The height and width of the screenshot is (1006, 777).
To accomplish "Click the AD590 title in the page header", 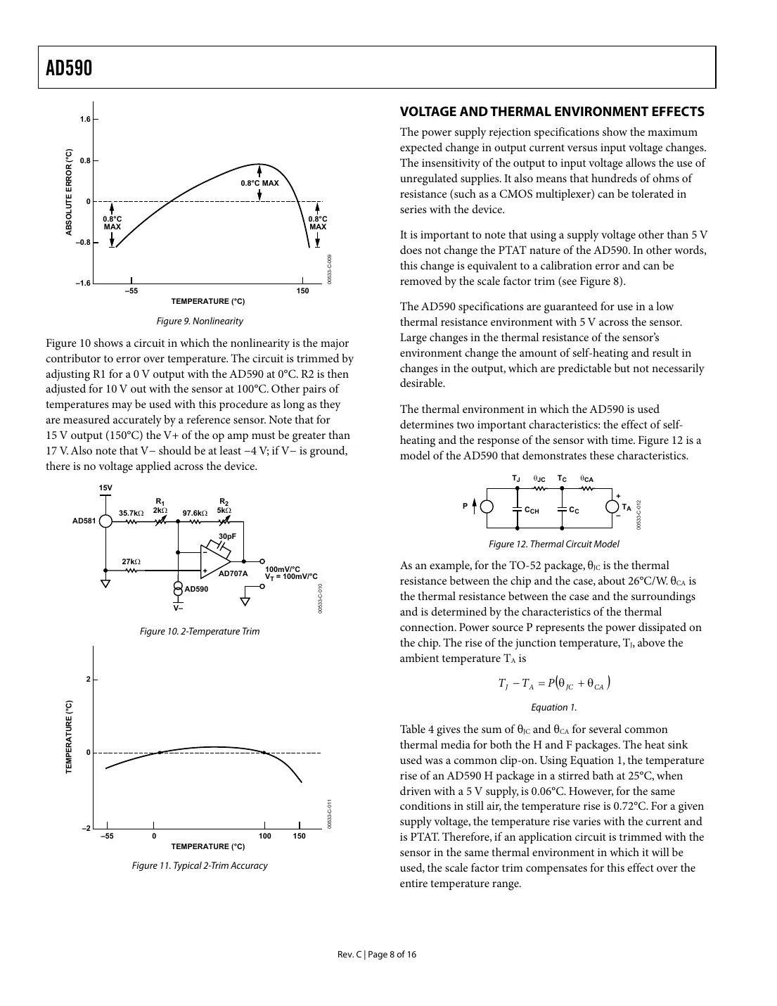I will click(69, 68).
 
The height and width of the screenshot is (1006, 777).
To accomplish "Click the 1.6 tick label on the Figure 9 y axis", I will click(85, 120).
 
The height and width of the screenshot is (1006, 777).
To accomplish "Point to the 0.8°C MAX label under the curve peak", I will click(259, 183).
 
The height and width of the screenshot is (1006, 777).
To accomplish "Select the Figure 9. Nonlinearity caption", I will click(200, 321).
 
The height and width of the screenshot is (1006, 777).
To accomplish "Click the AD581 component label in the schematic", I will click(84, 521).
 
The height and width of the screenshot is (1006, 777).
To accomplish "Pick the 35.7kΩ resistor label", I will click(131, 514).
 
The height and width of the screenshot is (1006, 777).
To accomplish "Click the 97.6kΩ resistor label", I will click(195, 514).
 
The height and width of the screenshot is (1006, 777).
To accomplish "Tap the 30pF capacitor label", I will click(226, 536).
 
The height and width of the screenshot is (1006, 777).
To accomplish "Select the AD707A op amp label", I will click(233, 573).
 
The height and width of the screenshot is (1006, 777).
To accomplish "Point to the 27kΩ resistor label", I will click(131, 561).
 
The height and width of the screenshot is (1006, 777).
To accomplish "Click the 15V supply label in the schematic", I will click(105, 488).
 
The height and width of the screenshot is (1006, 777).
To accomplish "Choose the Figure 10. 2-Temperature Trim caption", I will click(200, 631).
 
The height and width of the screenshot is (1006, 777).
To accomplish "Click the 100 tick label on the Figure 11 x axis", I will click(264, 836).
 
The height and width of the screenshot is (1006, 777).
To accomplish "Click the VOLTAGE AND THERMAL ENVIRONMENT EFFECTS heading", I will click(552, 111).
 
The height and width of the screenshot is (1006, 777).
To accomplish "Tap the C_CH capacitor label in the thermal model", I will click(532, 511).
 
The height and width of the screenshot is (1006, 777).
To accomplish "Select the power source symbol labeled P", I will click(486, 507).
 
